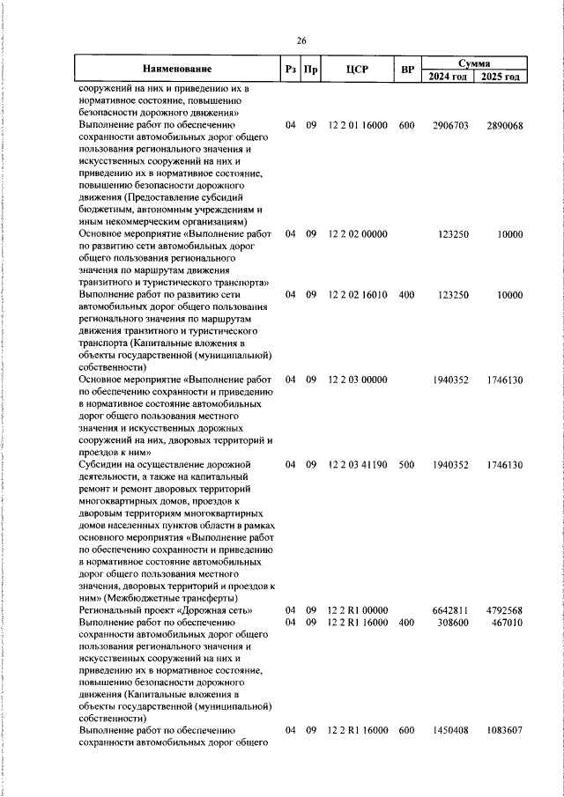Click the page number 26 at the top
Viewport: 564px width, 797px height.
(301, 41)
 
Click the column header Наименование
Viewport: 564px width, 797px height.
(177, 69)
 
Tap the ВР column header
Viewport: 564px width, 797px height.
(406, 69)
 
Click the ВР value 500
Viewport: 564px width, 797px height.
(406, 464)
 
